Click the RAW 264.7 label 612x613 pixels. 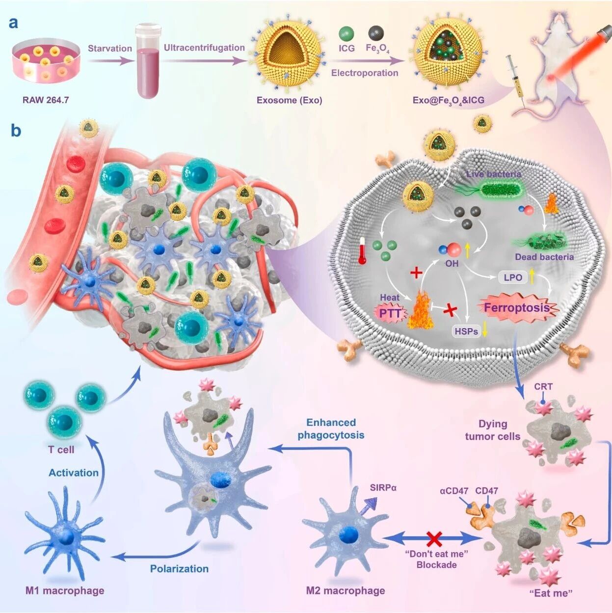point(46,100)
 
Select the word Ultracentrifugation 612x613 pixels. point(204,48)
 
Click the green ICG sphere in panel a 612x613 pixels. point(346,34)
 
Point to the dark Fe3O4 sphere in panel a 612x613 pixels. point(376,33)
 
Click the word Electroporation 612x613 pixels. point(365,73)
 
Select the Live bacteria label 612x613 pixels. point(493,174)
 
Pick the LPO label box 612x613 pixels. point(513,278)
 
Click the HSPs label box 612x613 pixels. point(466,332)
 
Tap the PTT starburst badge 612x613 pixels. point(390,313)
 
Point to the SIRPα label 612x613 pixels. point(383,488)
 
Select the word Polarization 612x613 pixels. point(179,569)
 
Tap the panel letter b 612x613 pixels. point(16,131)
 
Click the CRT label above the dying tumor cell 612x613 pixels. point(543,387)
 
